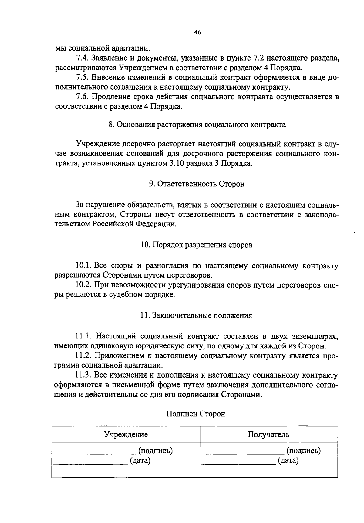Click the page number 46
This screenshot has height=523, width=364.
click(x=197, y=33)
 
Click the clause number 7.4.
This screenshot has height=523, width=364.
click(x=82, y=58)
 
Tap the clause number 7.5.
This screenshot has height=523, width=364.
click(x=82, y=78)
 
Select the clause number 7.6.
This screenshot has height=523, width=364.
click(x=82, y=97)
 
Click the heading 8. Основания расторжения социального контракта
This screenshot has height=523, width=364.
click(x=197, y=125)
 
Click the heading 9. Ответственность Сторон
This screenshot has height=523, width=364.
click(x=197, y=184)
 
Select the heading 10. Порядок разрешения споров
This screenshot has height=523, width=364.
click(x=197, y=245)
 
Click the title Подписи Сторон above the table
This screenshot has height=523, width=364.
click(x=196, y=414)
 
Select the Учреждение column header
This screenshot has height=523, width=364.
click(x=126, y=435)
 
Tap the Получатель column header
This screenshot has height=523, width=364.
click(x=268, y=435)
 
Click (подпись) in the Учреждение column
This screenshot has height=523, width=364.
click(x=155, y=451)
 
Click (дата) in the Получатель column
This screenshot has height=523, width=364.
click(x=288, y=461)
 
